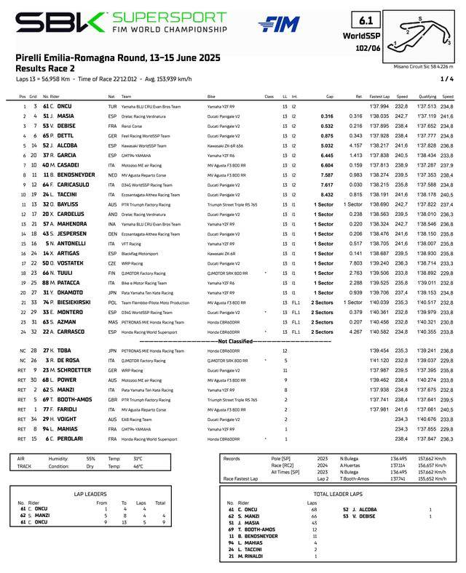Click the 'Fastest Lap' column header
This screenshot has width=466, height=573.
tap(379, 96)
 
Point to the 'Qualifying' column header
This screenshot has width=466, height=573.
tap(426, 96)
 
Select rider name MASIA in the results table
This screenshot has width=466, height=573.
tap(65, 116)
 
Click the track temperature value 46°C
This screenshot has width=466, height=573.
tap(138, 466)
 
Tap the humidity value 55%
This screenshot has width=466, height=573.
tap(91, 459)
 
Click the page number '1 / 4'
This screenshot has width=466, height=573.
tap(446, 78)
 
